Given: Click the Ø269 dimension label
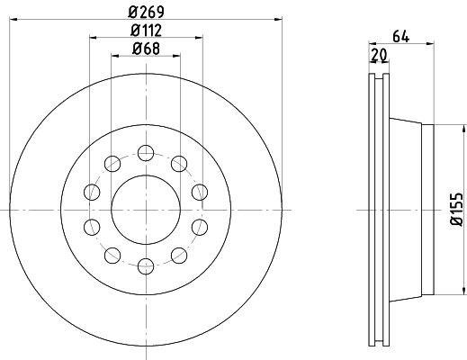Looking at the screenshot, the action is (x=146, y=12).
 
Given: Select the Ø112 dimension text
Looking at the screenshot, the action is (x=146, y=30).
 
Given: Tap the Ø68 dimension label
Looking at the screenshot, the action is (x=146, y=49).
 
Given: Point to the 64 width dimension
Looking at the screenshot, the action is (x=400, y=36).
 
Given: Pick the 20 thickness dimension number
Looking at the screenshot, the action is (x=379, y=55).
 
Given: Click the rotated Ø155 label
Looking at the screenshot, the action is (x=457, y=210).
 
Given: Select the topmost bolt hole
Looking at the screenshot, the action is (x=146, y=153).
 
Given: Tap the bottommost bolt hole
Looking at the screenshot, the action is (x=146, y=266).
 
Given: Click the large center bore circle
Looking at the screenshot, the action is (x=146, y=175).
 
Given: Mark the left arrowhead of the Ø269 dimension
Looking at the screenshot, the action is (x=13, y=20).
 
